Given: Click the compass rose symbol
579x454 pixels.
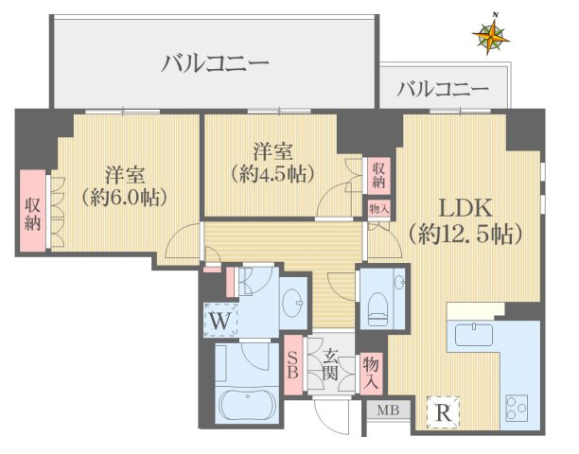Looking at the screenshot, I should point(493,35).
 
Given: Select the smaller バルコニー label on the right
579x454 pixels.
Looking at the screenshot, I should point(443,90).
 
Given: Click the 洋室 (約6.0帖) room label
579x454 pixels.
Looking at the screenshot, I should point(125,185).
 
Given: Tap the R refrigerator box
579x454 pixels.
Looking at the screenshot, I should point(442,411).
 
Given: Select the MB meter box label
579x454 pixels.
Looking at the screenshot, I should point(388,410).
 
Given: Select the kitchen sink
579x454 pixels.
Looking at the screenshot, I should point(470,335).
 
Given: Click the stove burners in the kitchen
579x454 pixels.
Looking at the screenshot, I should point(519,410).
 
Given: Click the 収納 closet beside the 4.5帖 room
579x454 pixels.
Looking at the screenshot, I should point(378,174).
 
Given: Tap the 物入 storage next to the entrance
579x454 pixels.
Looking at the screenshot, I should point(372,373).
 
